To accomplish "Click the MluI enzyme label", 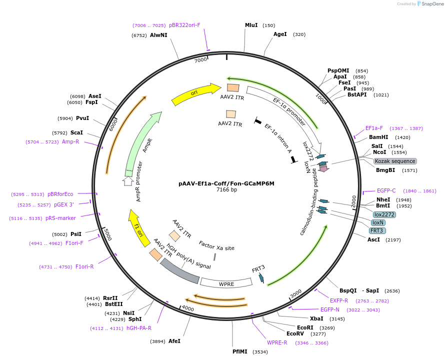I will click(x=251, y=25).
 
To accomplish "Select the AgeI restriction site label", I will click(x=280, y=34).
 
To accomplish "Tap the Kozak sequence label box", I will click(x=395, y=161).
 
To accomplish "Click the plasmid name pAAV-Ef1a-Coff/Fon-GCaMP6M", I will click(x=226, y=183).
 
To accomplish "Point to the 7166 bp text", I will click(x=226, y=190).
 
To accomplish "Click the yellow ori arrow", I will click(x=196, y=93).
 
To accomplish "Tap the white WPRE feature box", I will click(x=226, y=283).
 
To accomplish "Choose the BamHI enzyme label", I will click(x=378, y=137).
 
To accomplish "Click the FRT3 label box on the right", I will click(x=377, y=230).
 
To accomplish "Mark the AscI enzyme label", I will click(x=373, y=239).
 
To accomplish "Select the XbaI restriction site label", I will click(x=316, y=318).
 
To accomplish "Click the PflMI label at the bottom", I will click(x=240, y=351).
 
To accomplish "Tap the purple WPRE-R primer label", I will click(x=277, y=342).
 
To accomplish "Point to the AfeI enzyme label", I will click(x=174, y=341).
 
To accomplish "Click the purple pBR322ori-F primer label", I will click(x=184, y=25).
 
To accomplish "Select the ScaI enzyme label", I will click(x=77, y=133).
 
